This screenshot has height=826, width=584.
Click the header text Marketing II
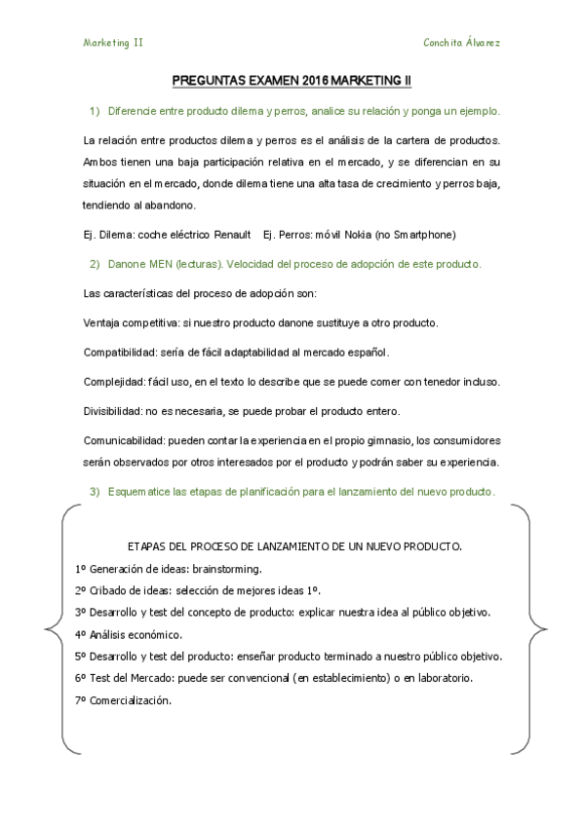(x=114, y=43)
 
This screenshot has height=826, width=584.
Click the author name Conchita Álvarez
(x=462, y=43)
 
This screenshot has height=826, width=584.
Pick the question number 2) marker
(x=96, y=264)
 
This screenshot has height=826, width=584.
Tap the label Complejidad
(x=114, y=381)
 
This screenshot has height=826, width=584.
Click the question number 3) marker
(x=96, y=492)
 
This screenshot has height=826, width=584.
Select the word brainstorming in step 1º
(x=226, y=568)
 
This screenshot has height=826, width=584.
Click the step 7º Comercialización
(x=122, y=700)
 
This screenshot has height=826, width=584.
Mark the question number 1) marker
(x=96, y=112)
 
